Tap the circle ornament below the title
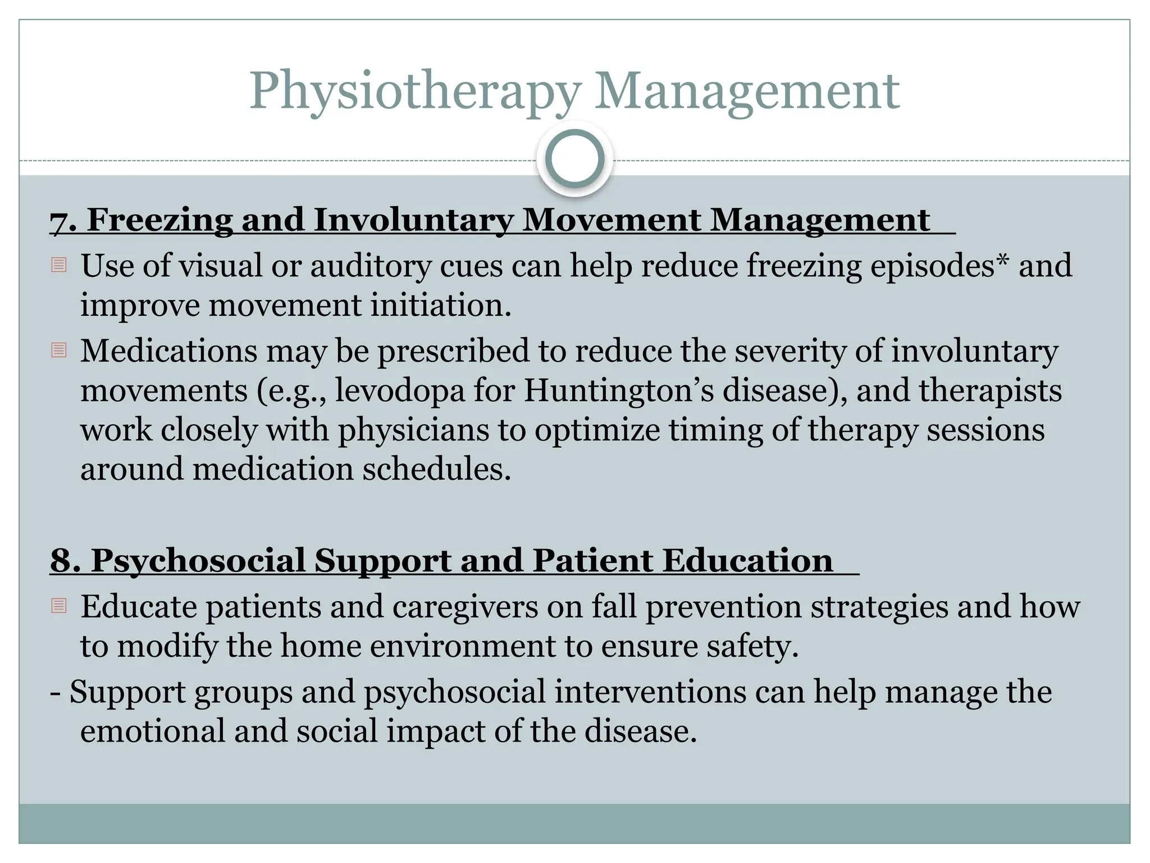point(574,159)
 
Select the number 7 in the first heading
point(58,220)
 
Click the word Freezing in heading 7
point(159,220)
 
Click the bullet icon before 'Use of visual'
point(59,265)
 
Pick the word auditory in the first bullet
point(371,266)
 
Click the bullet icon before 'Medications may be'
point(59,351)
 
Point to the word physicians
point(431,431)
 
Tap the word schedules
point(436,469)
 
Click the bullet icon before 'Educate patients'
point(59,606)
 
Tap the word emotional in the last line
point(152,732)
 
